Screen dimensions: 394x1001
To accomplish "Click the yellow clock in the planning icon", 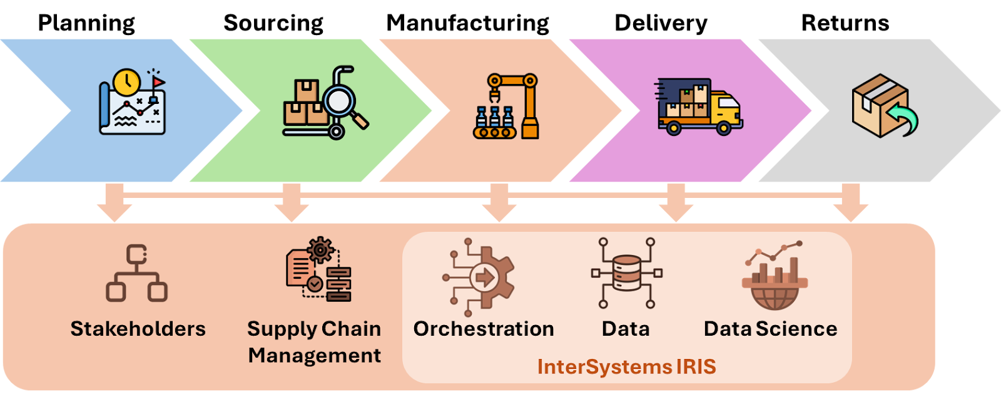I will click(127, 82).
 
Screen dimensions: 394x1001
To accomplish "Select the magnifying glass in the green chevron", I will click(341, 100).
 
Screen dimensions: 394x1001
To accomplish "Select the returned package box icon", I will click(879, 105).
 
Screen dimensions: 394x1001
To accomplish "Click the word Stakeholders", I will click(138, 329).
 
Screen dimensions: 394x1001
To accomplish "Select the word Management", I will click(314, 356).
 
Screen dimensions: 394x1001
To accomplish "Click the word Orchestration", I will click(484, 329).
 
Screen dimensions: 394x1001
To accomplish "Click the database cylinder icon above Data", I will click(626, 273).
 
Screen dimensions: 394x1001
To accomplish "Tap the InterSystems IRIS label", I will click(626, 366).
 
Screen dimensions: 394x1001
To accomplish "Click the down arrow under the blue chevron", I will click(114, 204).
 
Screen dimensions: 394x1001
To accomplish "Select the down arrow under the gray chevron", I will click(850, 204).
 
